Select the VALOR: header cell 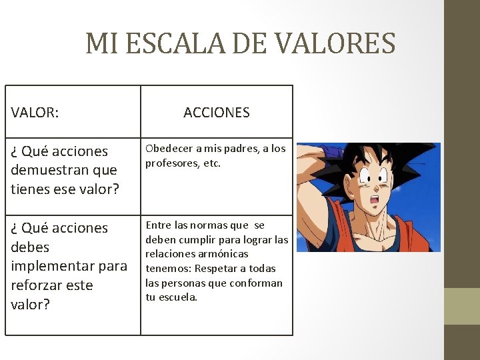[35, 113]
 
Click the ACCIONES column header [217, 113]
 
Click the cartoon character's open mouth [375, 199]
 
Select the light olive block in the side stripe [461, 306]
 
